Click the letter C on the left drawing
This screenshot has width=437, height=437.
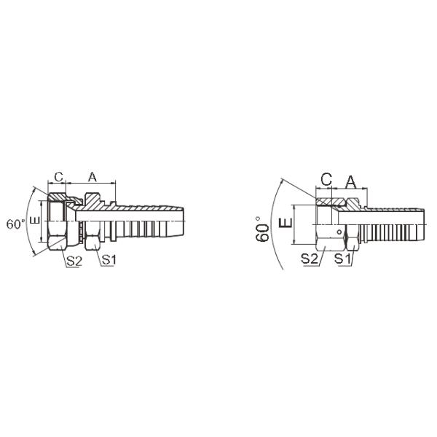(x=58, y=177)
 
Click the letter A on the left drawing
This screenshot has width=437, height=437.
(x=92, y=177)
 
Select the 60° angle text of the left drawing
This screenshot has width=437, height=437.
(x=16, y=224)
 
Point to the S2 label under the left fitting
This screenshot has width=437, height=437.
(x=73, y=259)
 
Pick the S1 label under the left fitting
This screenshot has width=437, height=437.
(x=109, y=259)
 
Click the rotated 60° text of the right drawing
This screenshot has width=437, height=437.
(x=264, y=227)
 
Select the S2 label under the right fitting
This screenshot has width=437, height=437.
(x=310, y=259)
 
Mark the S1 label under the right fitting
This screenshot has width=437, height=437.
(x=343, y=259)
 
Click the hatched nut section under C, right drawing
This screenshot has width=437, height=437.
(x=328, y=200)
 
